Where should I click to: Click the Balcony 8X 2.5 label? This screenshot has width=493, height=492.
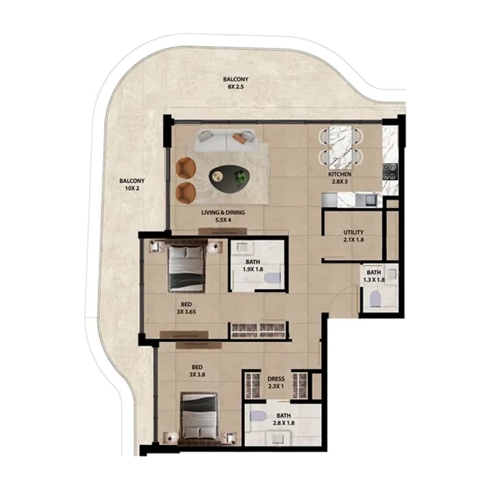click(x=236, y=83)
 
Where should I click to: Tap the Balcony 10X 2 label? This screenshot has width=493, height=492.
click(x=132, y=184)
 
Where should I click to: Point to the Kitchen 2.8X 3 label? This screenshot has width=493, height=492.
click(x=340, y=178)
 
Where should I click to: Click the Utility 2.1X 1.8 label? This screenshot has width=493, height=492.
click(x=353, y=236)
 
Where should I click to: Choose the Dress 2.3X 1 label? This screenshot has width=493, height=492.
click(x=276, y=382)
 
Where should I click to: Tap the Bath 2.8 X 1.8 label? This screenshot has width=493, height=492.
click(x=283, y=420)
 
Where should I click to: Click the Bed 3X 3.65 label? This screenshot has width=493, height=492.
click(x=186, y=308)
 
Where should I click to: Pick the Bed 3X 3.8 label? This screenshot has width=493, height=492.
click(x=197, y=371)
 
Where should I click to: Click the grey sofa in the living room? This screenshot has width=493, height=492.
click(x=226, y=140)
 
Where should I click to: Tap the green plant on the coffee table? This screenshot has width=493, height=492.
click(x=241, y=176)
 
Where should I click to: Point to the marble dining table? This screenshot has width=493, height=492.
click(x=340, y=147)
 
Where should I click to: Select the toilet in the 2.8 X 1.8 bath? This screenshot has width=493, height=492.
click(x=258, y=416)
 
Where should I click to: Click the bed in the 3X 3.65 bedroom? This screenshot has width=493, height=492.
click(x=186, y=268)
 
